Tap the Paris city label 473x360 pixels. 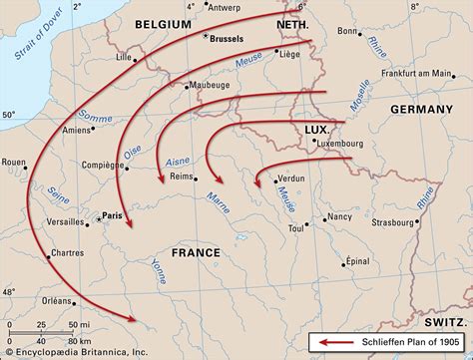click(112, 215)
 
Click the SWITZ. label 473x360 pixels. click(445, 322)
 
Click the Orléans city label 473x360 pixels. click(58, 300)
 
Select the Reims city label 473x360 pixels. click(181, 176)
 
